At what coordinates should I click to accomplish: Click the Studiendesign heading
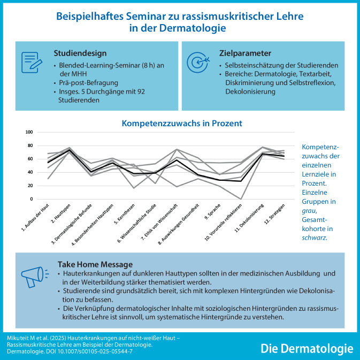[x=80, y=53]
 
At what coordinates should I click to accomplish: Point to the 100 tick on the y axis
[x=29, y=132]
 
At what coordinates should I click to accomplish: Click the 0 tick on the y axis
[x=32, y=199]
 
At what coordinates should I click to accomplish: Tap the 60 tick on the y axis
[x=30, y=159]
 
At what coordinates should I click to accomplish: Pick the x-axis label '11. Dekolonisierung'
[x=250, y=221]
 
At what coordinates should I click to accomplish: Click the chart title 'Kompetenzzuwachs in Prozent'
[x=182, y=123]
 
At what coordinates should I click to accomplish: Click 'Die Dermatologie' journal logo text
[x=307, y=348]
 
